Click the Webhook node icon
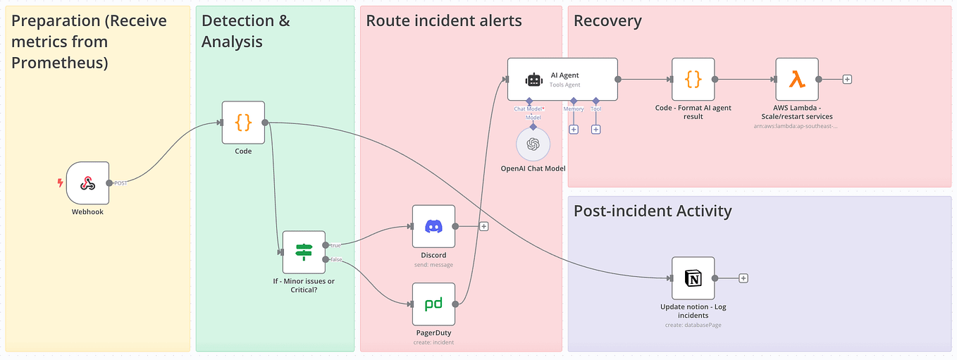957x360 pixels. pos(87,183)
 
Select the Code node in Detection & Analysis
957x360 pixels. pos(243,123)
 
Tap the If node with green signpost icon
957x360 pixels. pos(304,252)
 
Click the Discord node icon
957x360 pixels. pos(433,227)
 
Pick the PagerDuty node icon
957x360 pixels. pos(433,304)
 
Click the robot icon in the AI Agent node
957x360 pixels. pos(533,80)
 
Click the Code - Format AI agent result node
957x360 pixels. pos(693,80)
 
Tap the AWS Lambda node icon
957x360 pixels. pos(797,80)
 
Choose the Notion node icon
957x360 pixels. pos(693,278)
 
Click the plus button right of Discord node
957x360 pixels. pos(483,227)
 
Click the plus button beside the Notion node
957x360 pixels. pos(743,278)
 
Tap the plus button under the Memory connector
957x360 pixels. pos(574,130)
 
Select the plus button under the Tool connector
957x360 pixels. pos(595,130)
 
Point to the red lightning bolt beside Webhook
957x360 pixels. pos(60,183)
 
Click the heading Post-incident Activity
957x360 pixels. pos(653,211)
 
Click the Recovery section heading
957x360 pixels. pos(607,21)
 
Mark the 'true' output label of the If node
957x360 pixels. pos(335,245)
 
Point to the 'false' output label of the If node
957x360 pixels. pos(336,259)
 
